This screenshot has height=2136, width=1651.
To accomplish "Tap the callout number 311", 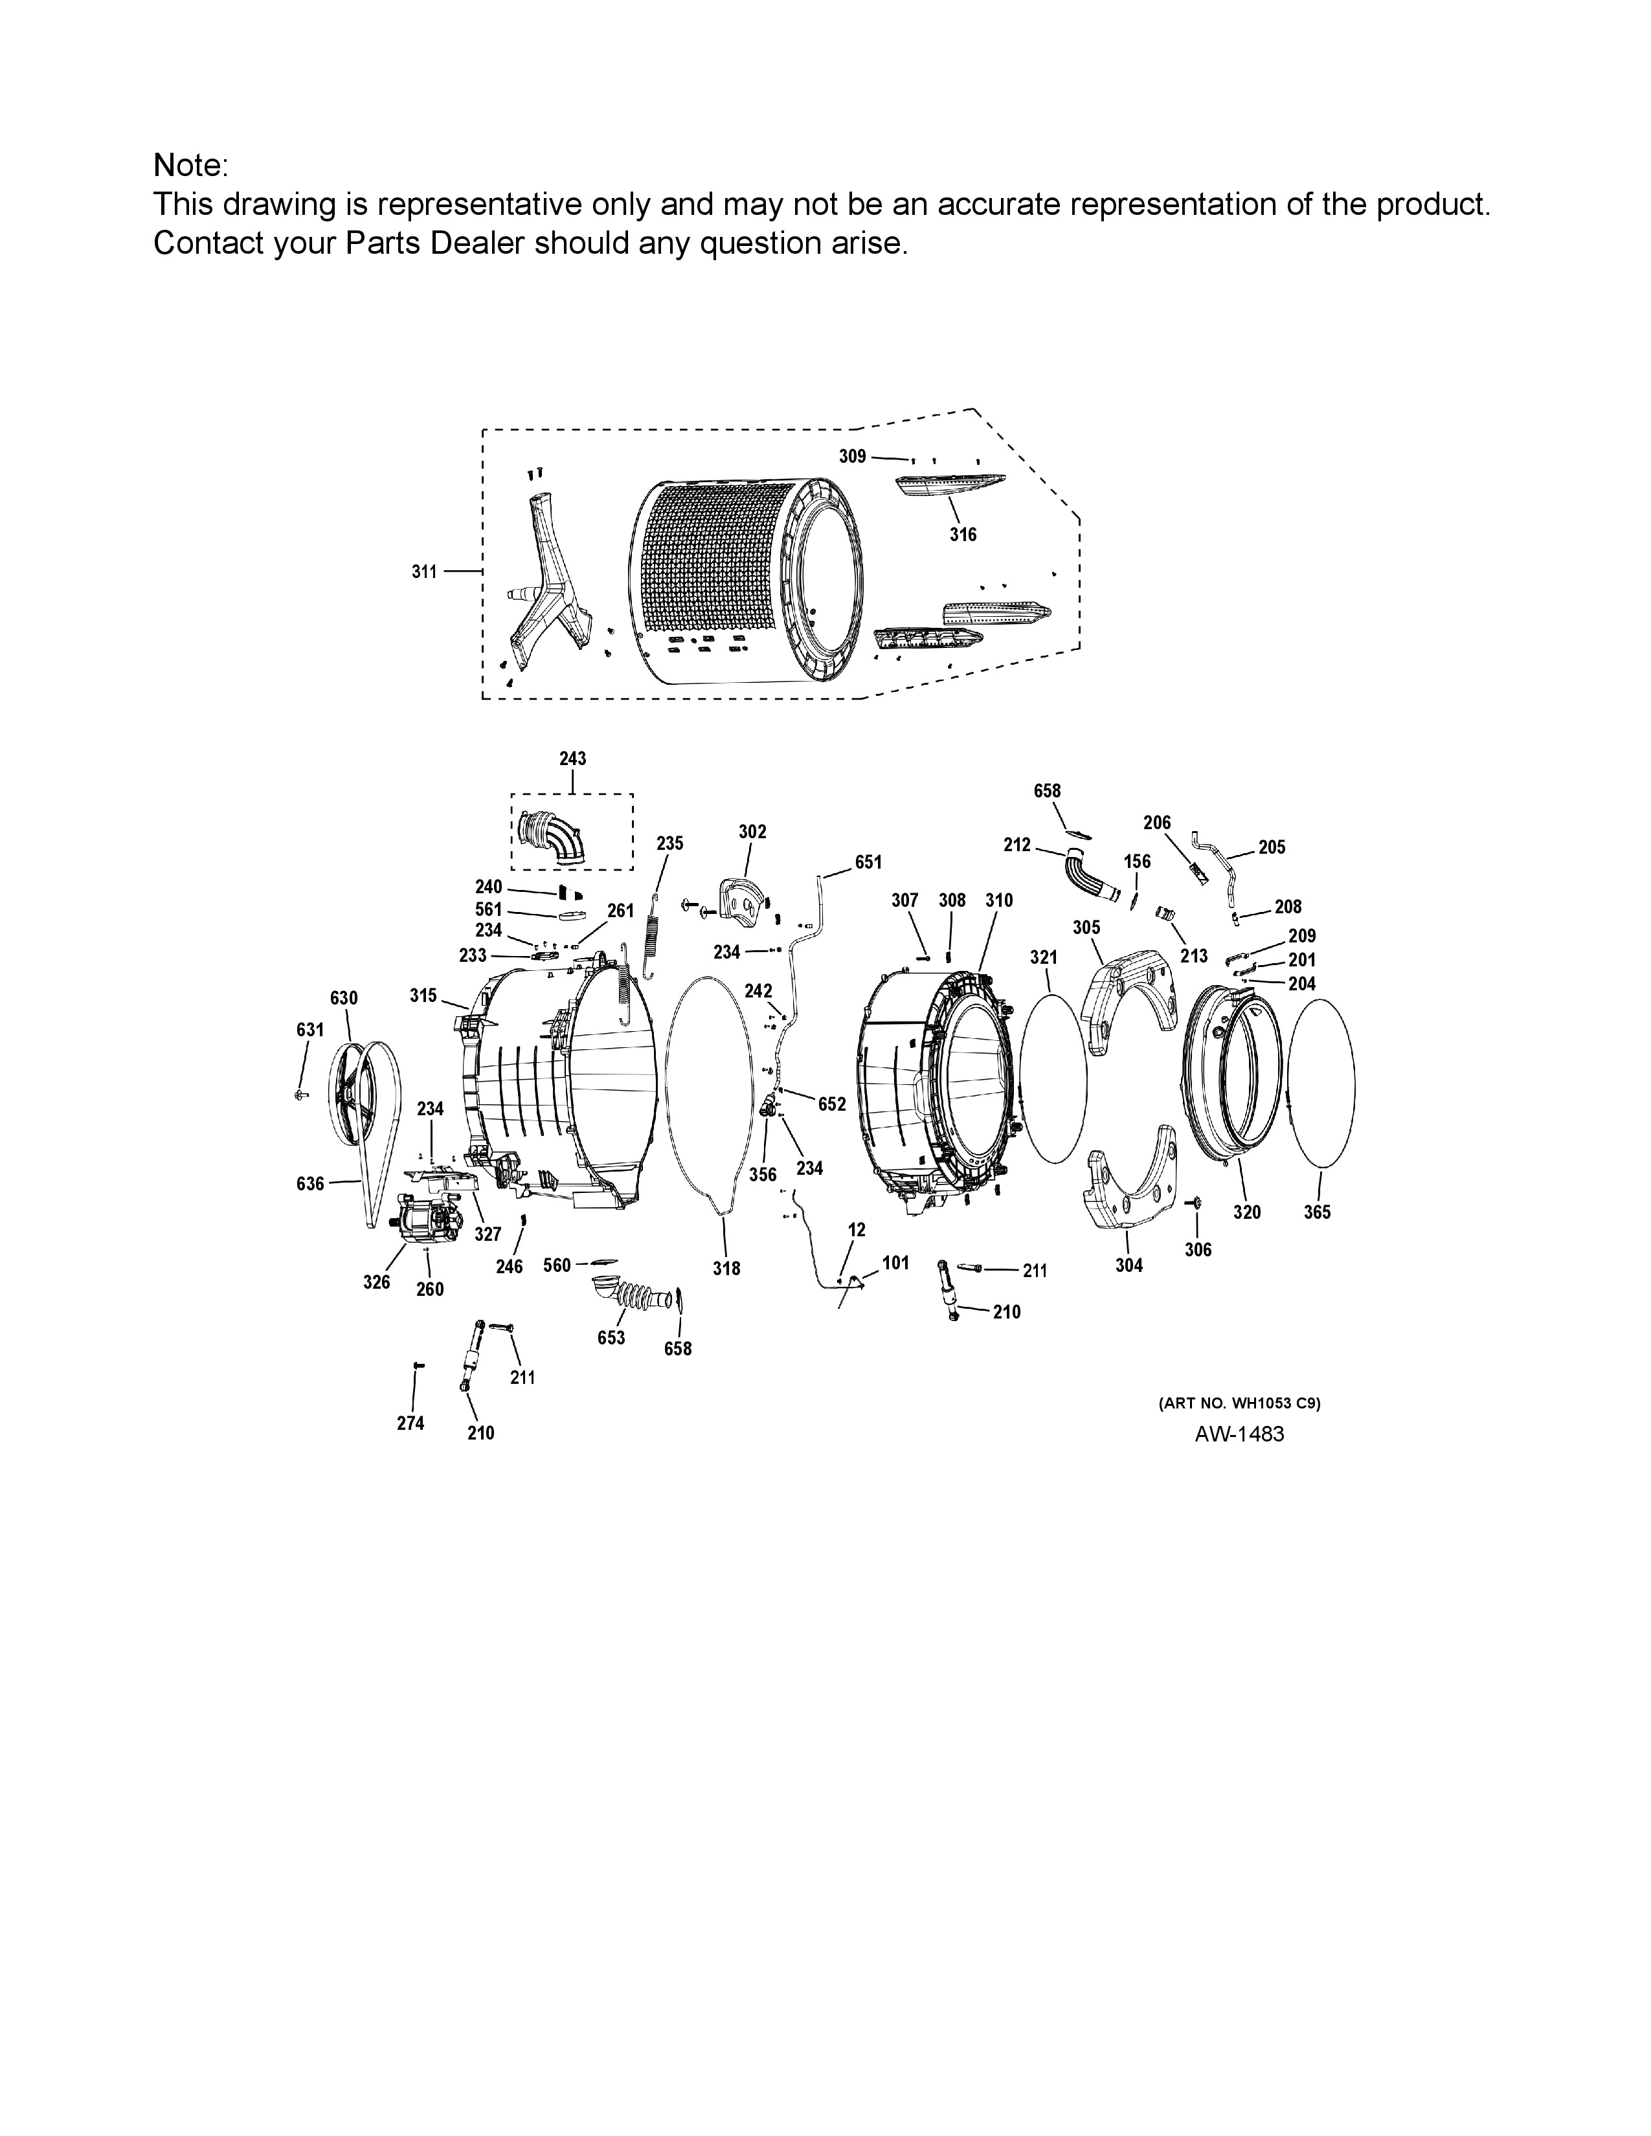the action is click(x=423, y=572).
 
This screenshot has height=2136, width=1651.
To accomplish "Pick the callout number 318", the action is click(x=726, y=1269).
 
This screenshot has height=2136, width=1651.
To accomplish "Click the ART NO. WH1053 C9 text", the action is click(x=1239, y=1403).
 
